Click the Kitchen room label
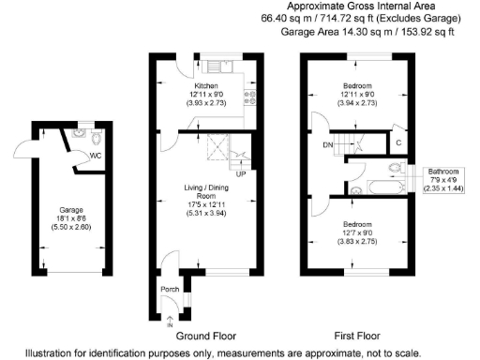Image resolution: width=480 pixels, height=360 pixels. [x=205, y=85]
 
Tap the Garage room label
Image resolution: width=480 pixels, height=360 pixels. [x=72, y=209]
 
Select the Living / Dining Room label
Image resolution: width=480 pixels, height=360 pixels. [x=205, y=194]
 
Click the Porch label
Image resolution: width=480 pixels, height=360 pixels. [x=170, y=288]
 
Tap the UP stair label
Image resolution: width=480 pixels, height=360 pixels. [x=240, y=174]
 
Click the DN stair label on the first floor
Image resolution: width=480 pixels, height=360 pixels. [x=327, y=145]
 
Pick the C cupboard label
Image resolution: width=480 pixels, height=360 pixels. [x=398, y=142]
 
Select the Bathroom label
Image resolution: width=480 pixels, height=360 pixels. [x=444, y=172]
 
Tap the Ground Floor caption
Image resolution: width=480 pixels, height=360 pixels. [x=206, y=336]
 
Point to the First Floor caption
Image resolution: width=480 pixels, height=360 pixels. [x=361, y=336]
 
